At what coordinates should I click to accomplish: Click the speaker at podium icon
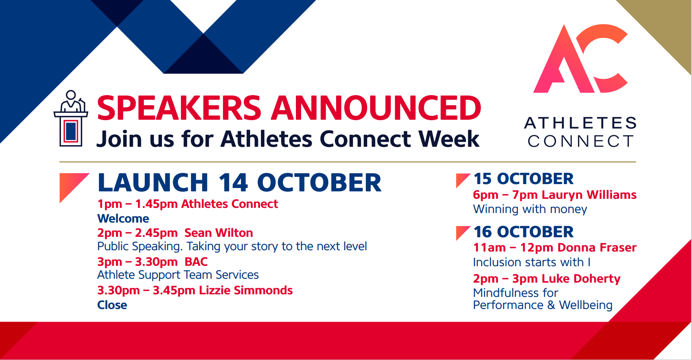tap(71, 118)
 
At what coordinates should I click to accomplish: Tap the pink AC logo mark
tap(581, 58)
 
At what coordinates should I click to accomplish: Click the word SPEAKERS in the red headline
tap(179, 108)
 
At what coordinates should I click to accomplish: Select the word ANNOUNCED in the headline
tap(376, 108)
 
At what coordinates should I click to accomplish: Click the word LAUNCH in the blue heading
tap(153, 182)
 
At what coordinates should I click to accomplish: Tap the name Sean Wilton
tap(219, 233)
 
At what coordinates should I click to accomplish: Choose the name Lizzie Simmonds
tap(246, 290)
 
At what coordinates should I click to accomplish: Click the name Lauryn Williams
tap(589, 194)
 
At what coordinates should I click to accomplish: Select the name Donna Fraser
tap(597, 247)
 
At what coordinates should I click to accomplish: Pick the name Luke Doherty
tap(581, 278)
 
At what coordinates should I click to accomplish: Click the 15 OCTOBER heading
tap(524, 178)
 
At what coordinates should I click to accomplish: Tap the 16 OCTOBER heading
tap(524, 232)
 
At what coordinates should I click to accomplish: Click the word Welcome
tap(123, 219)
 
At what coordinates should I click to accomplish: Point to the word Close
tap(112, 305)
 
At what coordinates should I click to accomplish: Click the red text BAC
tap(196, 262)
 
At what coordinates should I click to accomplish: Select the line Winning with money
tap(530, 209)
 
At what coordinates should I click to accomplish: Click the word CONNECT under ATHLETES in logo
tap(581, 141)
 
